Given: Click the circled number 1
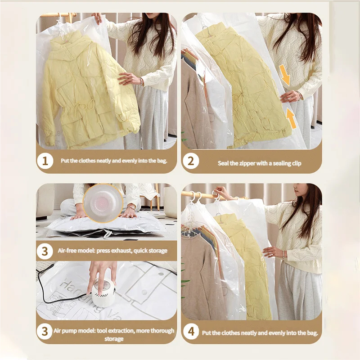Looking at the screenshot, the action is pyautogui.click(x=45, y=161).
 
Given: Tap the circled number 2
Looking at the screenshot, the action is pyautogui.click(x=190, y=161).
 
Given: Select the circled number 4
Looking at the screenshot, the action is pyautogui.click(x=191, y=332).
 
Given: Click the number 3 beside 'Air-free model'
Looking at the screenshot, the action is pyautogui.click(x=45, y=251).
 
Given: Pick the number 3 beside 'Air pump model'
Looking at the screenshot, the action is pyautogui.click(x=45, y=331).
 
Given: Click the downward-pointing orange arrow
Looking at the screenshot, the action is pyautogui.click(x=285, y=75).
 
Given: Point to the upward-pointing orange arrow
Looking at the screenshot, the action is pyautogui.click(x=291, y=118).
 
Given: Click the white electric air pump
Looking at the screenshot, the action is pyautogui.click(x=103, y=292).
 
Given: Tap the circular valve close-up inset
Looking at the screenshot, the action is pyautogui.click(x=103, y=203).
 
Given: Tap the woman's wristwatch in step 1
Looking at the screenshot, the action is pyautogui.click(x=142, y=81).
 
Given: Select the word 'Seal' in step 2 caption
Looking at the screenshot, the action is pyautogui.click(x=223, y=163).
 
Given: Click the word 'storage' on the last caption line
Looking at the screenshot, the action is pyautogui.click(x=114, y=339).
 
